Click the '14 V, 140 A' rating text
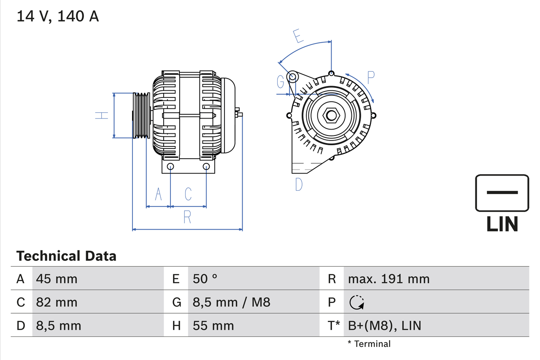pyautogui.click(x=58, y=16)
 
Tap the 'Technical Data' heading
pyautogui.click(x=66, y=256)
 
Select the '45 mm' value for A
pyautogui.click(x=57, y=279)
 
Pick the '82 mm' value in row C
pyautogui.click(x=57, y=302)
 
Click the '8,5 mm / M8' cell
pyautogui.click(x=231, y=302)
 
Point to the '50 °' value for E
pyautogui.click(x=205, y=279)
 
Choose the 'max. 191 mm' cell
pyautogui.click(x=389, y=279)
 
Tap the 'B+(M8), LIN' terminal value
pyautogui.click(x=384, y=325)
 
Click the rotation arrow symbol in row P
pyautogui.click(x=356, y=302)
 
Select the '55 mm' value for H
pyautogui.click(x=213, y=325)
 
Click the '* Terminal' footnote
pyautogui.click(x=369, y=344)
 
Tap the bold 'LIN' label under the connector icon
pyautogui.click(x=502, y=224)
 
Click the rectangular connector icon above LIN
pyautogui.click(x=502, y=193)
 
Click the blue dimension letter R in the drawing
pyautogui.click(x=187, y=217)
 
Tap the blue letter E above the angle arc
pyautogui.click(x=298, y=36)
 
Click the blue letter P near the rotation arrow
pyautogui.click(x=370, y=78)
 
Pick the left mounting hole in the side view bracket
pyautogui.click(x=170, y=166)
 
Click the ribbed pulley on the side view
pyautogui.click(x=141, y=115)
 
